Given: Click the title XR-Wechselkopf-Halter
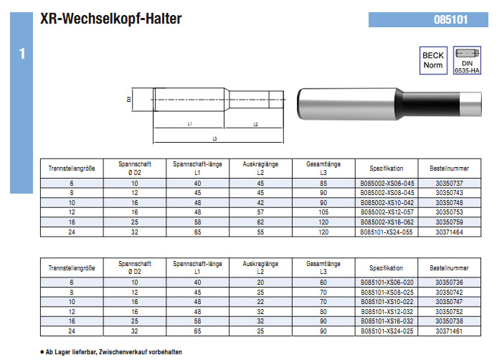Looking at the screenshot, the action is [x=110, y=19].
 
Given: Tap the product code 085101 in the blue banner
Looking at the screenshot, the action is [x=450, y=19].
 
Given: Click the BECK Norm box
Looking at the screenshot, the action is [x=433, y=60].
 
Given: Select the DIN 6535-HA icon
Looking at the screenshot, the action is [x=467, y=60].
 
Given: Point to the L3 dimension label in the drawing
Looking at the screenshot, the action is [x=215, y=138].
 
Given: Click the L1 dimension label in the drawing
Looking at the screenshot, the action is [x=189, y=123].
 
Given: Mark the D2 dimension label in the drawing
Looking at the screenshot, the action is [x=129, y=100].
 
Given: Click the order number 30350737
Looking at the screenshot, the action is [x=449, y=183].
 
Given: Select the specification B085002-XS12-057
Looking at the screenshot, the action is [x=387, y=212].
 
